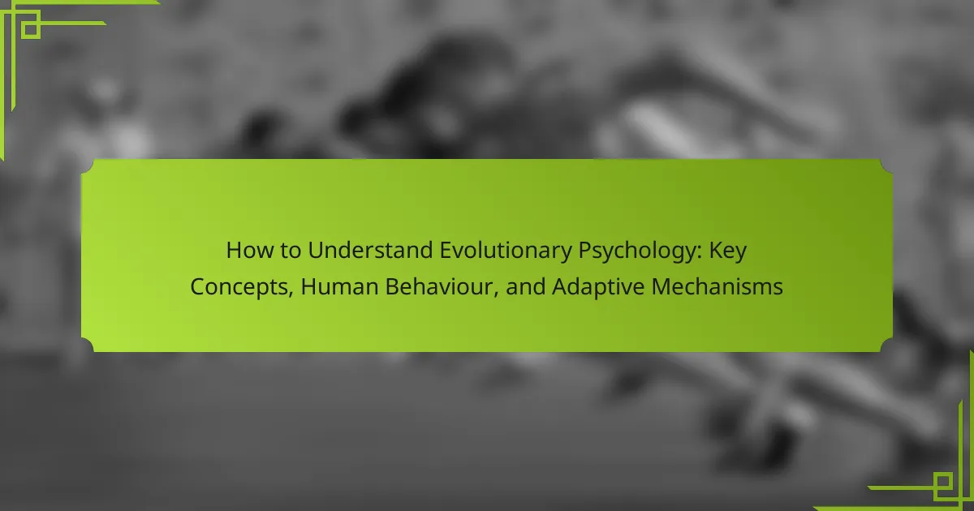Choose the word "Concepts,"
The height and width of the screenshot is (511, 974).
click(242, 287)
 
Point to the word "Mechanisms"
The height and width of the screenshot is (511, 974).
click(717, 287)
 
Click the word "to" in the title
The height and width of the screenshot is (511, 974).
click(291, 251)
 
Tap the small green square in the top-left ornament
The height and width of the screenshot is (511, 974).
click(31, 29)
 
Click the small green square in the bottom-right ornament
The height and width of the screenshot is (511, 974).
click(942, 482)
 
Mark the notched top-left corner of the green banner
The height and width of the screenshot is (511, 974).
click(87, 166)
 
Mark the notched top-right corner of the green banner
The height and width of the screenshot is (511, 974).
click(886, 166)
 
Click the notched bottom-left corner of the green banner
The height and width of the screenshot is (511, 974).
click(87, 345)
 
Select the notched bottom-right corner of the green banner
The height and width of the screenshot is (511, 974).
click(886, 345)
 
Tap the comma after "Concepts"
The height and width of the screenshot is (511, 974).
click(291, 294)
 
